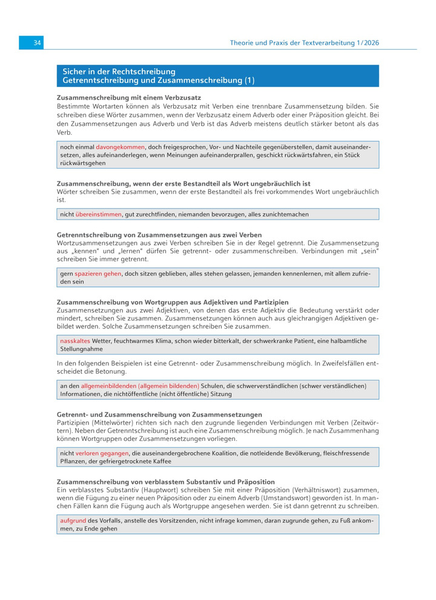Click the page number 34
pos(37,43)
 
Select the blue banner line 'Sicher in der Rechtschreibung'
pos(119,72)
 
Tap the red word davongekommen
pos(121,147)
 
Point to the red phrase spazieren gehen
pos(98,273)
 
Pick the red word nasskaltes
pos(75,341)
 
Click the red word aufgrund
pos(73,520)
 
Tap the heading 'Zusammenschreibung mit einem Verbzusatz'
pos(129,97)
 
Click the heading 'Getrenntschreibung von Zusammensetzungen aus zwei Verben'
pos(151,235)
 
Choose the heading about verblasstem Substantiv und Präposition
pos(165,482)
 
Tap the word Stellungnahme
pos(82,349)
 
